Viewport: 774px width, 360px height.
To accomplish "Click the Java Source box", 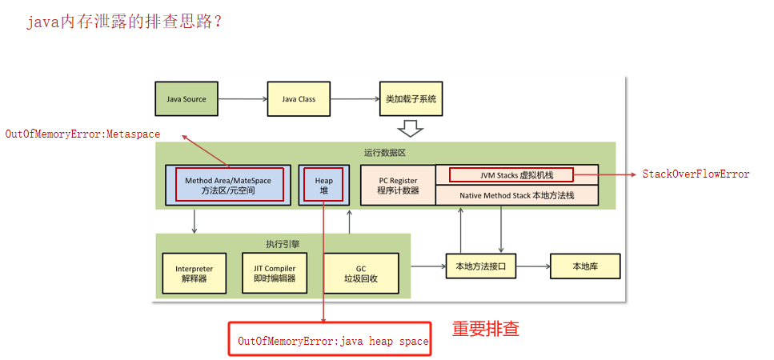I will pos(186,99).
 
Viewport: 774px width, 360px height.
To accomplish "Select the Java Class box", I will pos(299,99).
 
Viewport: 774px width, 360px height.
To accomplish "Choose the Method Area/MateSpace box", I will pos(229,186).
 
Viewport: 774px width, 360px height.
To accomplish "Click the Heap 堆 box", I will pos(324,186).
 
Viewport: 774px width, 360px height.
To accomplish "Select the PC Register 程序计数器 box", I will pos(398,186).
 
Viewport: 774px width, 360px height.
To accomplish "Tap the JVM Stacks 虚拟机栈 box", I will pos(516,174).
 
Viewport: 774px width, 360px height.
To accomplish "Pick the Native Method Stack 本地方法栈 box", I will pos(516,195).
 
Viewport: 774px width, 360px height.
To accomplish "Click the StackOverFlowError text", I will pos(696,174).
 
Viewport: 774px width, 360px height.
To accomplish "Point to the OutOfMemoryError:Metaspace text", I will pos(82,134).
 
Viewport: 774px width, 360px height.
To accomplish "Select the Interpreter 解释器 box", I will pos(195,274).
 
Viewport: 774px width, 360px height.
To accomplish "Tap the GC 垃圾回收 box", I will pos(360,274).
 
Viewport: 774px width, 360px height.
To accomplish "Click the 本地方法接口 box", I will pos(481,266).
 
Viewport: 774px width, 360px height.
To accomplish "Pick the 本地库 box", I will pos(585,266).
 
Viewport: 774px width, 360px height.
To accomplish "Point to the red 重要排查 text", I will pos(485,329).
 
